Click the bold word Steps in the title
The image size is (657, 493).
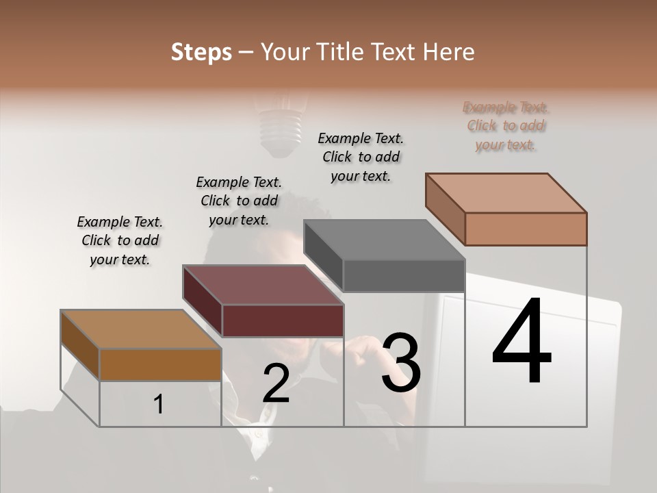(x=201, y=52)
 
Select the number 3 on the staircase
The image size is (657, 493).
(x=400, y=362)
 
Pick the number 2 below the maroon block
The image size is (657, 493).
(x=276, y=383)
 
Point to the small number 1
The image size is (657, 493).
(x=159, y=404)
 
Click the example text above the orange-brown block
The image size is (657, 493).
(x=120, y=240)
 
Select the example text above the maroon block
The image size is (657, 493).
(x=239, y=201)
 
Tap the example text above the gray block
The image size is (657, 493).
(x=361, y=157)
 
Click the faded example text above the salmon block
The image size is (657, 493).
(x=506, y=126)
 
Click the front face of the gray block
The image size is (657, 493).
(x=404, y=276)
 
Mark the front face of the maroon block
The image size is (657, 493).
(x=283, y=320)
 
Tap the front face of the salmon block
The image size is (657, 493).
(x=526, y=229)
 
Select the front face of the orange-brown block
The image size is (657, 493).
(x=160, y=364)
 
